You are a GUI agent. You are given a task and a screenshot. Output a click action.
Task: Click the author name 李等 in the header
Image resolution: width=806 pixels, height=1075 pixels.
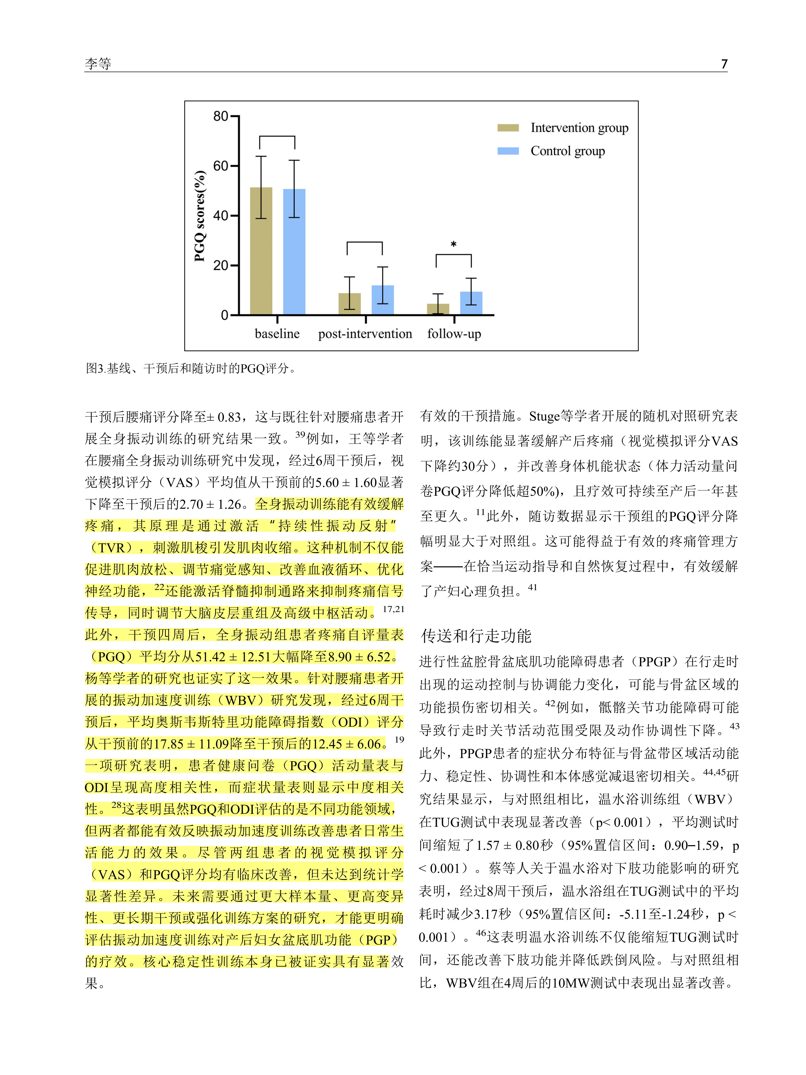click(98, 64)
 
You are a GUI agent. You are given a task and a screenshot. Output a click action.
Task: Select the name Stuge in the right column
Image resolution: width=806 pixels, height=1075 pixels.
click(544, 416)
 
